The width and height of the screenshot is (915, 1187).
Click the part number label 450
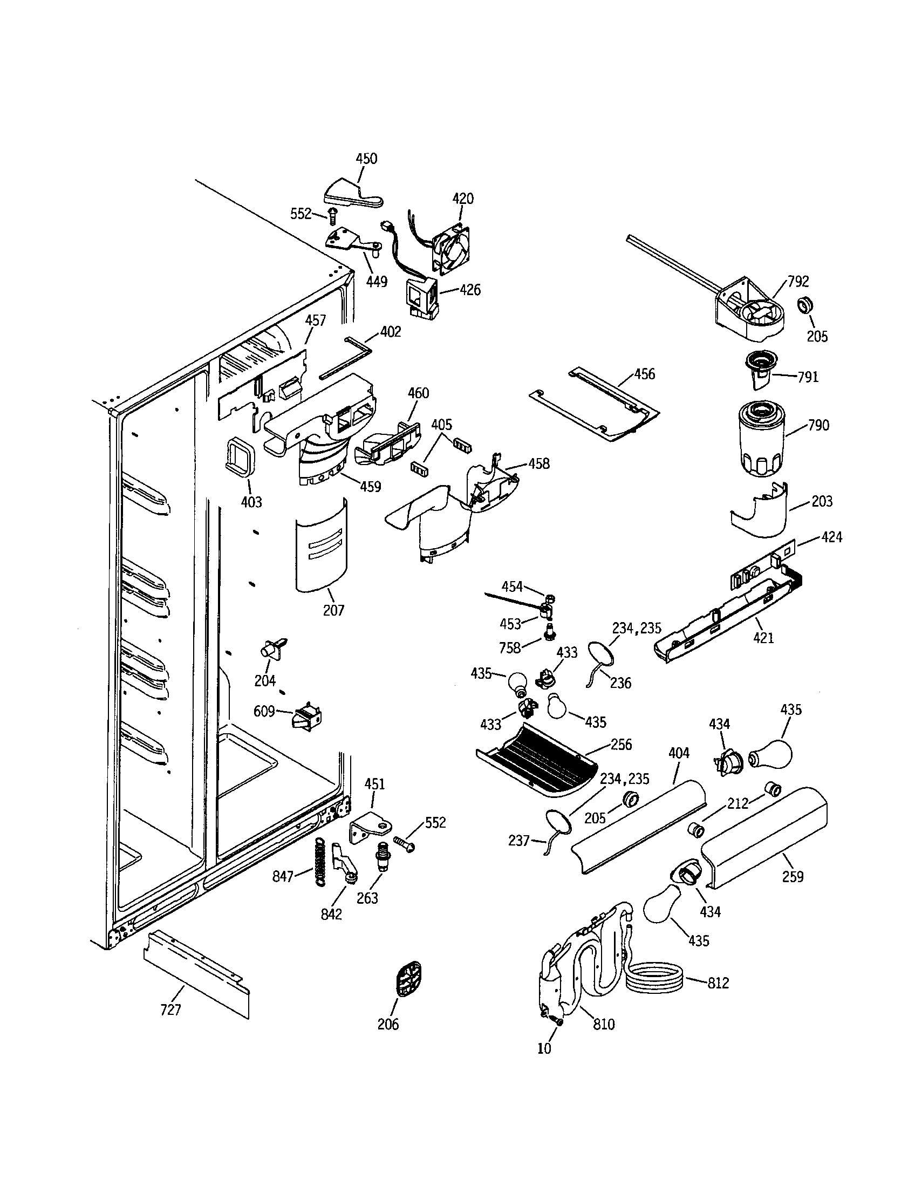[366, 159]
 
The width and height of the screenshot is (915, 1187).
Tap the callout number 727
[170, 1010]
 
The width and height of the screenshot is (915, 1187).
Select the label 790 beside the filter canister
[818, 425]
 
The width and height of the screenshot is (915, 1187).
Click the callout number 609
[264, 711]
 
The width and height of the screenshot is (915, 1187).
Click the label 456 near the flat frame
[644, 374]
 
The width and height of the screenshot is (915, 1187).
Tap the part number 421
[763, 638]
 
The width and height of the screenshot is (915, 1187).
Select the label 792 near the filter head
[798, 282]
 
